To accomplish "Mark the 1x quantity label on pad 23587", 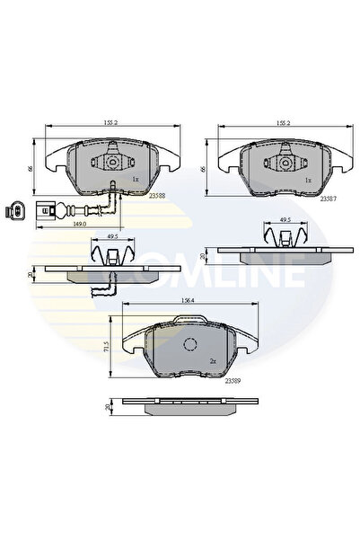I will coord(308,180).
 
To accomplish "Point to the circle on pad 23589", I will coord(189,344).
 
